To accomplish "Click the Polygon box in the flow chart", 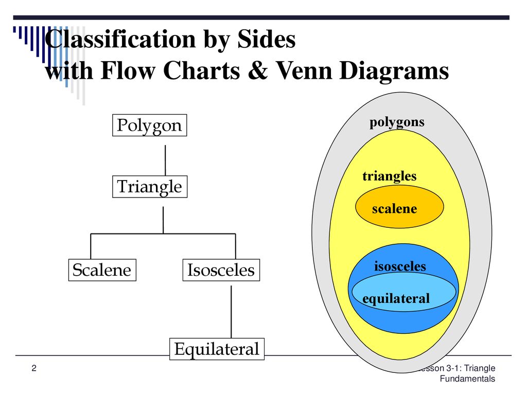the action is point(150,125).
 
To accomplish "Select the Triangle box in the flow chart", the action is point(150,187).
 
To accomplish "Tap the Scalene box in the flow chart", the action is point(102,270).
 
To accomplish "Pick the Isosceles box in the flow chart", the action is point(221,270).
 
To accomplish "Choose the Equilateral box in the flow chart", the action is point(217,349).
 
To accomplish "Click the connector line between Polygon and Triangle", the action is point(165,160).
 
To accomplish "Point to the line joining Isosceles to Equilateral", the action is point(231,312).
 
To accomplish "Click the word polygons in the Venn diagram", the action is point(397,122).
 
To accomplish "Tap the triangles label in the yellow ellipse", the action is point(390,176).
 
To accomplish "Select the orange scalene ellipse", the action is point(399,207).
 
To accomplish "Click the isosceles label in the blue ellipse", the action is point(400,266).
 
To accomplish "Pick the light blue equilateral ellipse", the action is point(404,292).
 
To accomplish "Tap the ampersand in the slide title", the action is point(258,70).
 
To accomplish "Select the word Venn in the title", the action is point(304,70).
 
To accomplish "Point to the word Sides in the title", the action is point(267,39).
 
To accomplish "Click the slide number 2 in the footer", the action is point(34,368).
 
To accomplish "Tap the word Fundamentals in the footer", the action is point(467,379).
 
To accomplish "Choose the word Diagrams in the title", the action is point(394,71).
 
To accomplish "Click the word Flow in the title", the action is point(128,70).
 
